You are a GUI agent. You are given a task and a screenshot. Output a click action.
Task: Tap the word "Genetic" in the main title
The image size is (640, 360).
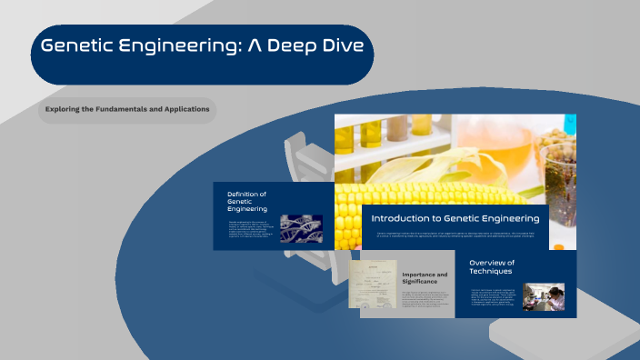pyautogui.click(x=82, y=45)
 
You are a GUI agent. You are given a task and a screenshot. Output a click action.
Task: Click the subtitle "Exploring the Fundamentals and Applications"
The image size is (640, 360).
pyautogui.click(x=127, y=109)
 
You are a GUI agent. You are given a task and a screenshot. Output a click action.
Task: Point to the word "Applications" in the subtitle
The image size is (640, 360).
pyautogui.click(x=186, y=109)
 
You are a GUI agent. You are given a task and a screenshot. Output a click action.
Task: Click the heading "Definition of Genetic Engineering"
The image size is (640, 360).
pyautogui.click(x=247, y=201)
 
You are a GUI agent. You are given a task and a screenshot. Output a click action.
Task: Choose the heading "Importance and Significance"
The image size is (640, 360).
pyautogui.click(x=425, y=278)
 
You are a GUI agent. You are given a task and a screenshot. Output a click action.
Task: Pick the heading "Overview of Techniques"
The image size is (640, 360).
pyautogui.click(x=492, y=267)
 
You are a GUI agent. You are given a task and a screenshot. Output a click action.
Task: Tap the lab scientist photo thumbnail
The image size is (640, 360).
pyautogui.click(x=544, y=296)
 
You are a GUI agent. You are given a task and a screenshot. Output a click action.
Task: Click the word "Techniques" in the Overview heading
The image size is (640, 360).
pyautogui.click(x=491, y=272)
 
